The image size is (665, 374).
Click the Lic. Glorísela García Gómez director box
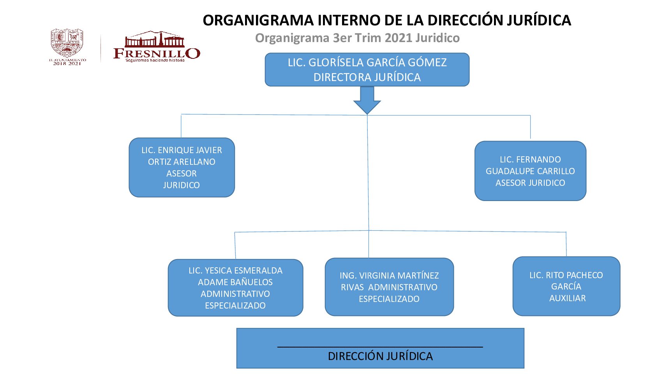[367, 69]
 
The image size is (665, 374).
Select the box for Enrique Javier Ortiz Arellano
[182, 168]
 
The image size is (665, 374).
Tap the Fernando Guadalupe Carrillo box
[530, 171]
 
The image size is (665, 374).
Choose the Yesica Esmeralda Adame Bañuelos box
[235, 288]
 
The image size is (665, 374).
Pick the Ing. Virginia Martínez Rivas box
[389, 287]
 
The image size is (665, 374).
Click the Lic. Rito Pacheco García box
[566, 286]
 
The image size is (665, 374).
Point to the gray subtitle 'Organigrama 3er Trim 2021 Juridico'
[357, 38]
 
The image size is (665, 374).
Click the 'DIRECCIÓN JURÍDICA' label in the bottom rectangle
[380, 356]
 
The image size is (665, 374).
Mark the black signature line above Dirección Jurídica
[380, 346]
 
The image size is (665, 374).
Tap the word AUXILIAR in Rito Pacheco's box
[567, 298]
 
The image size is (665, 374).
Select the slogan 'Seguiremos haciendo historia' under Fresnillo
[155, 60]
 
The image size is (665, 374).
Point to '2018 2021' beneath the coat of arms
[67, 63]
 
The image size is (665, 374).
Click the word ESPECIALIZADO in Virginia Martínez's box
[389, 299]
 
